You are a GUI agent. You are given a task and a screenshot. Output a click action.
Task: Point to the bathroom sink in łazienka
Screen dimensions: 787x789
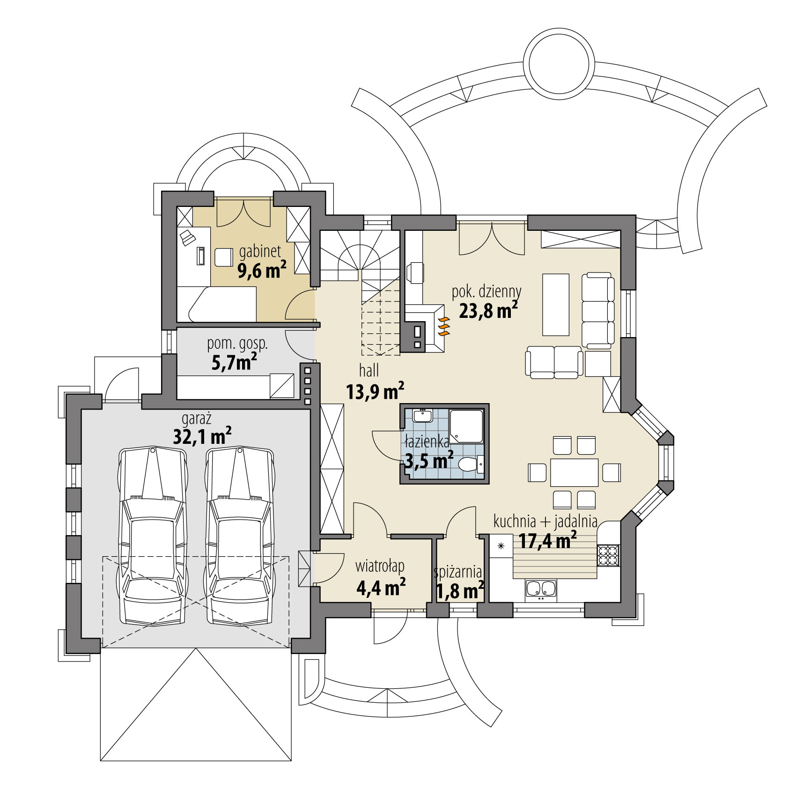[423, 415]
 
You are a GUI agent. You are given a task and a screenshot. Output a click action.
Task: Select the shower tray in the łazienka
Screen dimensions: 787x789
[466, 426]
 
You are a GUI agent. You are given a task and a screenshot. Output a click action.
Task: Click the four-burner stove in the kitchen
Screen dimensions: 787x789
[608, 556]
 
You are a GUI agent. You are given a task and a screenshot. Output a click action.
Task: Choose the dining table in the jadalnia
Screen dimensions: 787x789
[574, 473]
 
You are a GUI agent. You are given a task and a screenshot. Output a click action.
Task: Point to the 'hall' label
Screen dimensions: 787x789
[369, 371]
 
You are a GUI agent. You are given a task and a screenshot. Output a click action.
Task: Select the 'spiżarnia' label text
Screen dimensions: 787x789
[458, 571]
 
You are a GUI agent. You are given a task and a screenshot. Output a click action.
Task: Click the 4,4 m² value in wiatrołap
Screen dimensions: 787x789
[380, 588]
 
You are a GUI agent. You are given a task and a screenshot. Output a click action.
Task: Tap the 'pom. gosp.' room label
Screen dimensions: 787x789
[238, 344]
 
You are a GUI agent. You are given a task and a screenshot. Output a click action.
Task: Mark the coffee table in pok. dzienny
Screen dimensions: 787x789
[555, 305]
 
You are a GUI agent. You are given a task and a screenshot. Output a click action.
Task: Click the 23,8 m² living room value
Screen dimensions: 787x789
[488, 310]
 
